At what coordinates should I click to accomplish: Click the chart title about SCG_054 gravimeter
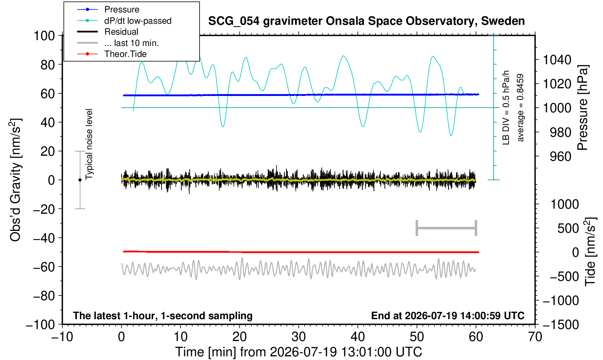[x=366, y=21]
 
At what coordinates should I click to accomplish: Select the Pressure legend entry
[x=122, y=9]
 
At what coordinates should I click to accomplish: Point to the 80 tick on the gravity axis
[x=48, y=65]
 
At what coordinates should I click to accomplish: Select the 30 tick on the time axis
[x=298, y=337]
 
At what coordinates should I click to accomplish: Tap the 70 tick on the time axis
[x=535, y=337]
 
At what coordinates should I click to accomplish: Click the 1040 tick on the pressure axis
[x=557, y=60]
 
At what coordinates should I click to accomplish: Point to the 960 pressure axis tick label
[x=560, y=156]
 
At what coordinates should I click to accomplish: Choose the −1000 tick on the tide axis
[x=561, y=301]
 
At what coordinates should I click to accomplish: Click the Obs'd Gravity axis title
[x=15, y=180]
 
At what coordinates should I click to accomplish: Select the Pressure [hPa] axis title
[x=583, y=108]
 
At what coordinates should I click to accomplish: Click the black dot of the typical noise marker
[x=80, y=180]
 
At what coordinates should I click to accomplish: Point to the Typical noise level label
[x=89, y=144]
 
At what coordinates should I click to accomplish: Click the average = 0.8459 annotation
[x=520, y=108]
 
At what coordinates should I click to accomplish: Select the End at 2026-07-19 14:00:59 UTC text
[x=448, y=316]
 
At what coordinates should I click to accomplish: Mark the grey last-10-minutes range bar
[x=447, y=228]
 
